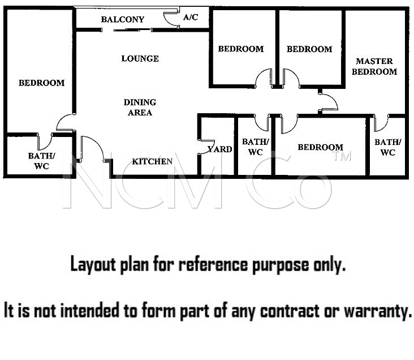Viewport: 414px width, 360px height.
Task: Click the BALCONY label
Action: point(123,19)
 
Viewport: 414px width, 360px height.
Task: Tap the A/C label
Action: point(191,17)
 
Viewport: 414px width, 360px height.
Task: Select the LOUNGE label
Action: point(140,58)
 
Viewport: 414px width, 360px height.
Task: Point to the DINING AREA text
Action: point(140,108)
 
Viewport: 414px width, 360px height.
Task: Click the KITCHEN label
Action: point(152,161)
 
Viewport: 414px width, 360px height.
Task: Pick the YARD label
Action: point(219,149)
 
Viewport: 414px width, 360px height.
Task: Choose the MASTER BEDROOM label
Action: point(374,66)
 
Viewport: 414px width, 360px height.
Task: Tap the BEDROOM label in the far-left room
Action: point(41,83)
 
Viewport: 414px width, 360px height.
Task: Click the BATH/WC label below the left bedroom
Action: point(41,161)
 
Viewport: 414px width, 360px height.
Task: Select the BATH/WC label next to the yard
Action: point(255,147)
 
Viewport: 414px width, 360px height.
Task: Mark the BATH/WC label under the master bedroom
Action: point(387,147)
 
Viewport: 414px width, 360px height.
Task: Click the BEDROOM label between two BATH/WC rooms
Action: point(321,147)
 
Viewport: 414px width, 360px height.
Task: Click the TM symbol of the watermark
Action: point(342,156)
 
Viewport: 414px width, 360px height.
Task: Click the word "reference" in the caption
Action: point(213,264)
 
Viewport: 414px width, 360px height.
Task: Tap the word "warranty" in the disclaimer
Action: point(378,311)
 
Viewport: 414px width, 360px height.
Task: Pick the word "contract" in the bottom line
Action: point(290,311)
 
